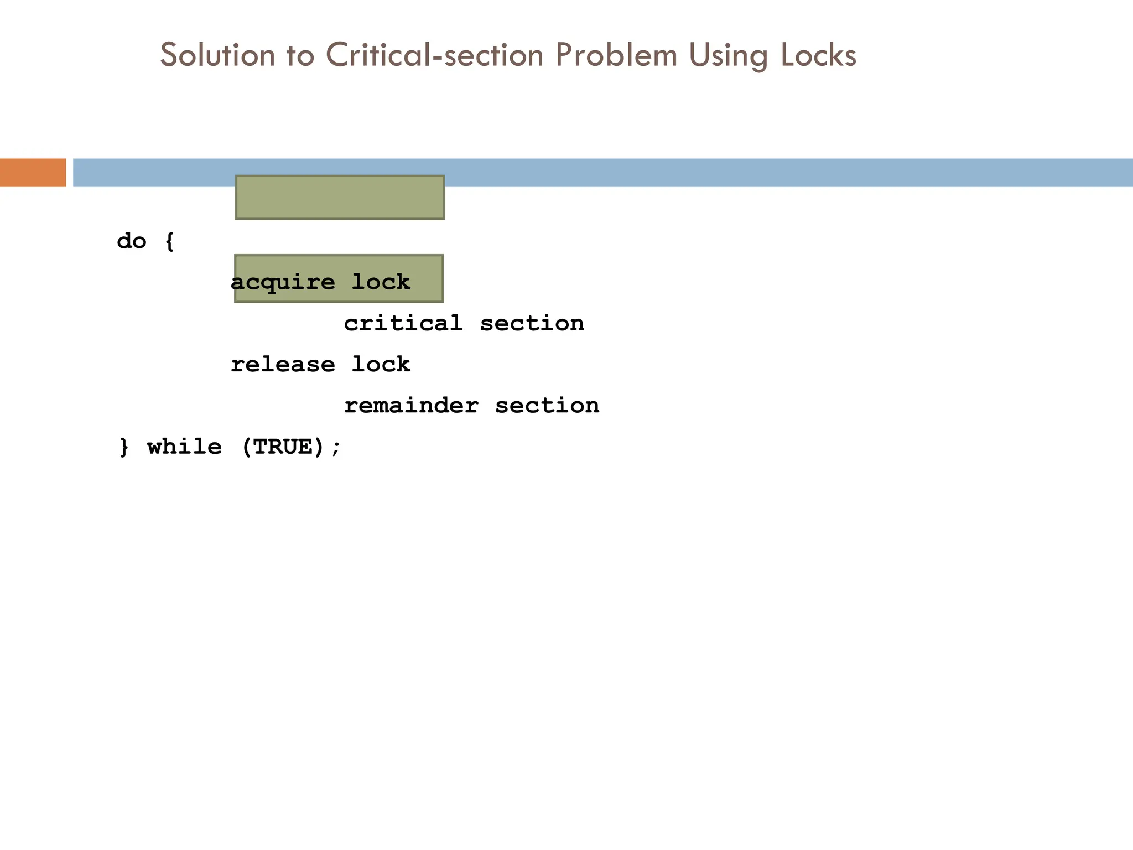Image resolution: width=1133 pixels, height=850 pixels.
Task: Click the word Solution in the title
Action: pos(217,55)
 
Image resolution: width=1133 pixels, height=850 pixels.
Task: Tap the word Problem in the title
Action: pos(616,55)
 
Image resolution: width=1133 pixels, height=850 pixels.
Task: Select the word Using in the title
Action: pos(728,56)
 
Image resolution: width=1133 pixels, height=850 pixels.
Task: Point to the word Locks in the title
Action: pos(819,55)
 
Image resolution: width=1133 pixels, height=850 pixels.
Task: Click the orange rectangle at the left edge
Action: pos(33,173)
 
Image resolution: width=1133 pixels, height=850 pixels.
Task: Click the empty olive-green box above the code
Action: pos(340,198)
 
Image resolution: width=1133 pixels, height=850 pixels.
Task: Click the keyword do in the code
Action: pos(132,241)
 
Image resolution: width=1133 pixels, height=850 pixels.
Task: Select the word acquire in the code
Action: pos(283,283)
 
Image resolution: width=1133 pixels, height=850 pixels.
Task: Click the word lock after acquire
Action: pos(381,282)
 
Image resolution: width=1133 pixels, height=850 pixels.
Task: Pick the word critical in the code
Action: pos(403,323)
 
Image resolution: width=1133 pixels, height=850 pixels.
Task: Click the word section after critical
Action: pos(532,323)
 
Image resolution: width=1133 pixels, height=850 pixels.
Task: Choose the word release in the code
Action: pos(283,365)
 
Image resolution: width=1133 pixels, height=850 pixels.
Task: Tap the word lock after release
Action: pos(381,365)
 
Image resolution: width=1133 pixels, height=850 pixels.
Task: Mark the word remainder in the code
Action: pos(411,406)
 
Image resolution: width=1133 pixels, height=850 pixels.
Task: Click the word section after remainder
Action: pos(547,406)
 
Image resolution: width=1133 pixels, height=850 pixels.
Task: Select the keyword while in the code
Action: pos(184,447)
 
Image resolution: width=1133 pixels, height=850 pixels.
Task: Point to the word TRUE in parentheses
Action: pos(283,447)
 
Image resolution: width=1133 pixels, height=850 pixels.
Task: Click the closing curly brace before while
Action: pos(124,447)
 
